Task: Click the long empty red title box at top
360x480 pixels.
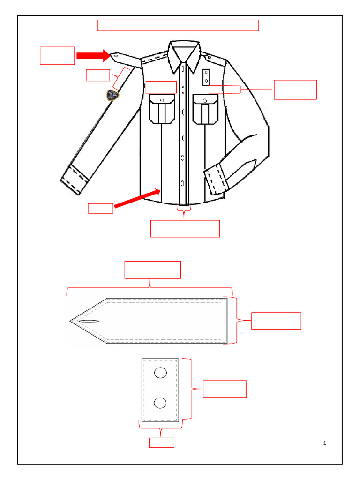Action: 178,25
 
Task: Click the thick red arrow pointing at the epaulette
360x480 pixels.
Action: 92,56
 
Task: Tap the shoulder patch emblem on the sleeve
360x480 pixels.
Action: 112,95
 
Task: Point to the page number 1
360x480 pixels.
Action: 325,443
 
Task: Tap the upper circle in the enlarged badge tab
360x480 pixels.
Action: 160,373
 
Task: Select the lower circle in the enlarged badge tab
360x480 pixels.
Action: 160,403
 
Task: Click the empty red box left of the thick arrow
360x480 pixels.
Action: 57,55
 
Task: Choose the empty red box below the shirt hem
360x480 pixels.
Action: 185,229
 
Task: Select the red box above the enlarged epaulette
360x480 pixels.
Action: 152,270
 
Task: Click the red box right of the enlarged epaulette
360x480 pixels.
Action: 276,321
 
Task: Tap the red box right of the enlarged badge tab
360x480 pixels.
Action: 225,389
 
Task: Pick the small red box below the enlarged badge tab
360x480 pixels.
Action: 161,442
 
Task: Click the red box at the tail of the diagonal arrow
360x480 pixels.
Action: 101,208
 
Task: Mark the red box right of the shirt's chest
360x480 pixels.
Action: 295,90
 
